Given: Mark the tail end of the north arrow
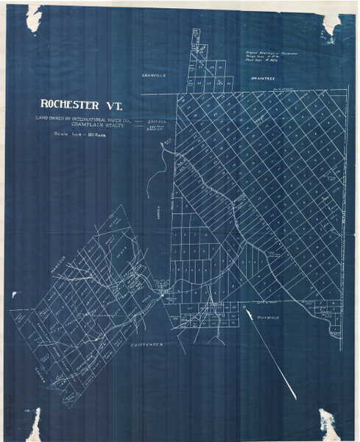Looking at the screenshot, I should click(295, 399).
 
